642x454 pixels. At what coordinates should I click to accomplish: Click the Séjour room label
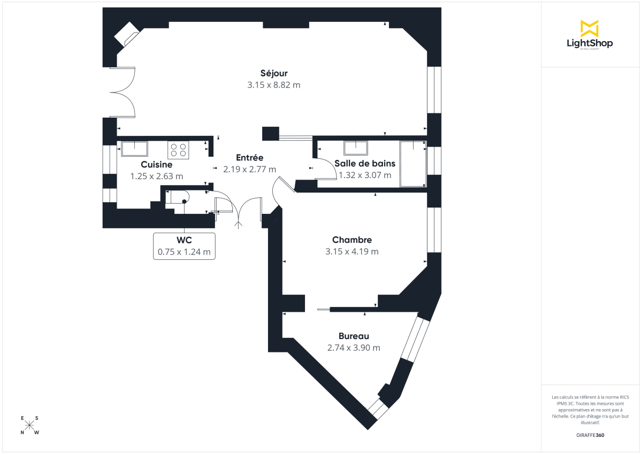pyautogui.click(x=274, y=73)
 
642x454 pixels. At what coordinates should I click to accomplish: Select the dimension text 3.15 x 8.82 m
pyautogui.click(x=274, y=85)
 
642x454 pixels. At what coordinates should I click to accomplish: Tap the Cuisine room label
pyautogui.click(x=156, y=165)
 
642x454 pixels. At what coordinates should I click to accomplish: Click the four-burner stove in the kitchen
pyautogui.click(x=179, y=150)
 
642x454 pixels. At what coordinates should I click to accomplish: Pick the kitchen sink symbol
pyautogui.click(x=135, y=148)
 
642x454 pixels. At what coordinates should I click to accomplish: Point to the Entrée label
pyautogui.click(x=249, y=158)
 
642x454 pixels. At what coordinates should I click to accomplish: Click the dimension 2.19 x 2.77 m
pyautogui.click(x=249, y=170)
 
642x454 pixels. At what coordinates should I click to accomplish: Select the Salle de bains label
pyautogui.click(x=364, y=163)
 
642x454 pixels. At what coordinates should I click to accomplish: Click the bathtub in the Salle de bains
pyautogui.click(x=413, y=164)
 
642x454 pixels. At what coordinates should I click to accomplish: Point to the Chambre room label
pyautogui.click(x=351, y=240)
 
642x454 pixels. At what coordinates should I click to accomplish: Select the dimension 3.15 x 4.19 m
pyautogui.click(x=351, y=252)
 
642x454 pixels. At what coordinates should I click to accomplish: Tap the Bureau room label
pyautogui.click(x=354, y=336)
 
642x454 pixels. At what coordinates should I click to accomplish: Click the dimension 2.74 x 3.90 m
pyautogui.click(x=354, y=348)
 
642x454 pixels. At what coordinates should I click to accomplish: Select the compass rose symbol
pyautogui.click(x=30, y=426)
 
